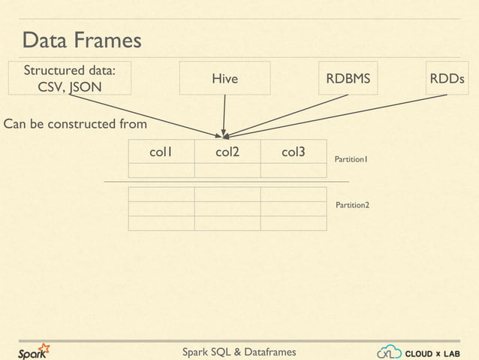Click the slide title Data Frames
click(x=81, y=41)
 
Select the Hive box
click(x=224, y=79)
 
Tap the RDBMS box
click(x=348, y=78)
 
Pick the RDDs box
click(x=446, y=78)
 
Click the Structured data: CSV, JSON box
click(x=69, y=78)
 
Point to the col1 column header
click(x=161, y=152)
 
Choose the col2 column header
click(x=227, y=152)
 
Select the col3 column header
click(x=293, y=152)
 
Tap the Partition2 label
click(x=352, y=204)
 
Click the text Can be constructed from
click(x=75, y=123)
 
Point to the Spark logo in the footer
click(x=35, y=352)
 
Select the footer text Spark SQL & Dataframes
click(x=239, y=352)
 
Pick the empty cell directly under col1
click(x=161, y=170)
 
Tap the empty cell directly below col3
click(x=293, y=170)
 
